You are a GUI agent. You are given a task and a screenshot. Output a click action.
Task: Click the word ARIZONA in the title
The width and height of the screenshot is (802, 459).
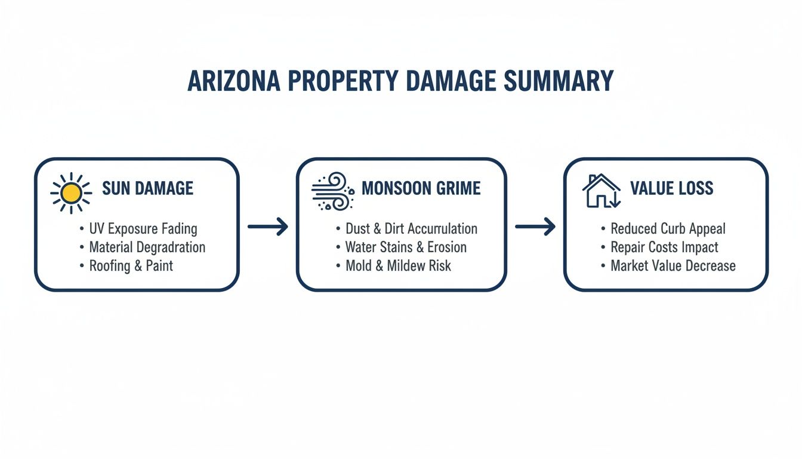pyautogui.click(x=234, y=81)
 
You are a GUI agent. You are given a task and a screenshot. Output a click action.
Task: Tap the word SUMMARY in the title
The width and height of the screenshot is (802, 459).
pyautogui.click(x=559, y=81)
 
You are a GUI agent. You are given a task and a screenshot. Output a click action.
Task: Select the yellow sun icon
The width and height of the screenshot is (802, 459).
pyautogui.click(x=71, y=192)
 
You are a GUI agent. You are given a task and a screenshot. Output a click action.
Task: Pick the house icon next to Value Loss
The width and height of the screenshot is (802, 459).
pyautogui.click(x=601, y=191)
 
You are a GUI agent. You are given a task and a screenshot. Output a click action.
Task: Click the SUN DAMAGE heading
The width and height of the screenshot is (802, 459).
pyautogui.click(x=147, y=189)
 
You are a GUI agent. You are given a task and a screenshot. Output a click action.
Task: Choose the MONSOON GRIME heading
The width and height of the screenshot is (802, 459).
pyautogui.click(x=421, y=189)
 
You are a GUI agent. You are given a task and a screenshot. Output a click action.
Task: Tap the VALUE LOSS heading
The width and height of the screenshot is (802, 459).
pyautogui.click(x=671, y=189)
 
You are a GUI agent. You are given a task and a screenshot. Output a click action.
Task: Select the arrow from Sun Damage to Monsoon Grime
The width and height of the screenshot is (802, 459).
pyautogui.click(x=267, y=226)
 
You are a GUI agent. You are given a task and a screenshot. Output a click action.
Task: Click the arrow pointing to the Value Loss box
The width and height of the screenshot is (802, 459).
pyautogui.click(x=535, y=226)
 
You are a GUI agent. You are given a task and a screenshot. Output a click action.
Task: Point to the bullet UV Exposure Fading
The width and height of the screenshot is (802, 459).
pyautogui.click(x=143, y=228)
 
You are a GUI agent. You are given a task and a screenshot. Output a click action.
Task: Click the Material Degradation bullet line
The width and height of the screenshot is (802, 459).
pyautogui.click(x=147, y=247)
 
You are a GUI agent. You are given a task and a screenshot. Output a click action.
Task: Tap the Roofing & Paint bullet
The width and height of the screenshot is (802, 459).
pyautogui.click(x=131, y=265)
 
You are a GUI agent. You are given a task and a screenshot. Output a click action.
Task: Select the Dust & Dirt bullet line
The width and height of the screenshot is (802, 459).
pyautogui.click(x=411, y=228)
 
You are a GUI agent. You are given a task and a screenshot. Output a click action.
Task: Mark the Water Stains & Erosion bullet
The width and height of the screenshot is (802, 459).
pyautogui.click(x=406, y=247)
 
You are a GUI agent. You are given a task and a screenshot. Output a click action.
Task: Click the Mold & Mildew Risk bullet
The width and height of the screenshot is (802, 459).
pyautogui.click(x=398, y=265)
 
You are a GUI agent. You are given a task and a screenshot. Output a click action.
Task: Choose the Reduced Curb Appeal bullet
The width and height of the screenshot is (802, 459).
pyautogui.click(x=668, y=228)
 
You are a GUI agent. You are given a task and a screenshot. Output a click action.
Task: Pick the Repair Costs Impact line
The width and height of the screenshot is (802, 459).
pyautogui.click(x=664, y=247)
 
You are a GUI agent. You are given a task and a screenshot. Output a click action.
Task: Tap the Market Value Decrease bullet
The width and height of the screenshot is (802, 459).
pyautogui.click(x=673, y=265)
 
